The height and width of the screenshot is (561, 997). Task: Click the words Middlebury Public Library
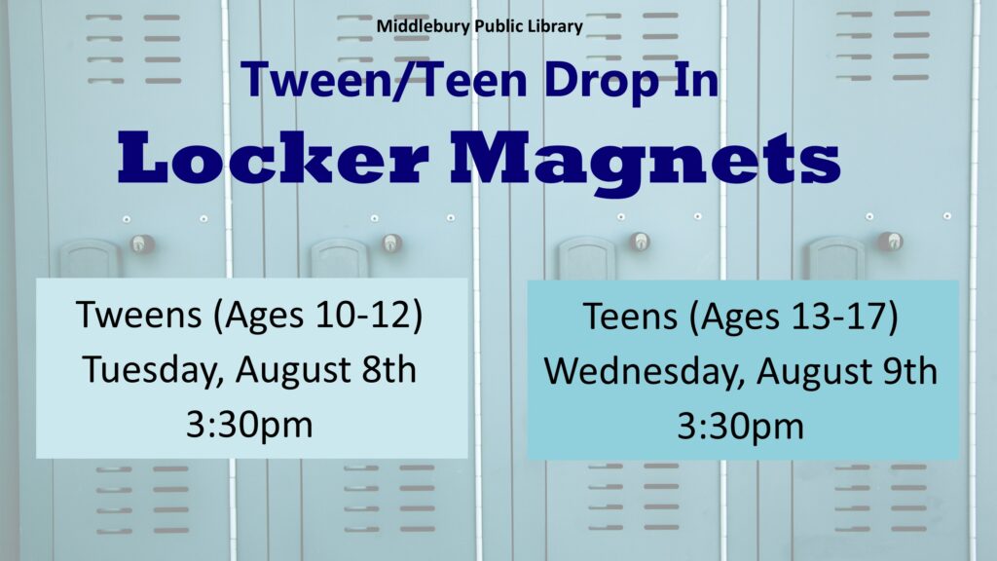tap(479, 26)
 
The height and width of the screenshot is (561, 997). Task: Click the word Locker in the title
tap(273, 158)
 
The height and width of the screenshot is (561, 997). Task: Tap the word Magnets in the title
tap(646, 164)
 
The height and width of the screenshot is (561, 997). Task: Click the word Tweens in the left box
tap(138, 315)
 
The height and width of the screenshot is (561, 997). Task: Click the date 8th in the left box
tap(389, 370)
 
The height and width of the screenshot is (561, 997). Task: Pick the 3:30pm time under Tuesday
tap(249, 425)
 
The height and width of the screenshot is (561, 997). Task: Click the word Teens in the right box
tap(630, 317)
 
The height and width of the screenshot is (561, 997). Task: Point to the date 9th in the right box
tap(910, 371)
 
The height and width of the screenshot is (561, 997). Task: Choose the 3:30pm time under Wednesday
tap(740, 427)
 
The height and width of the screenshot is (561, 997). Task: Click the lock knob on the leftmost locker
tap(141, 243)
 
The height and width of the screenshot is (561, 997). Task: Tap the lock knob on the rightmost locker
tap(891, 242)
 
